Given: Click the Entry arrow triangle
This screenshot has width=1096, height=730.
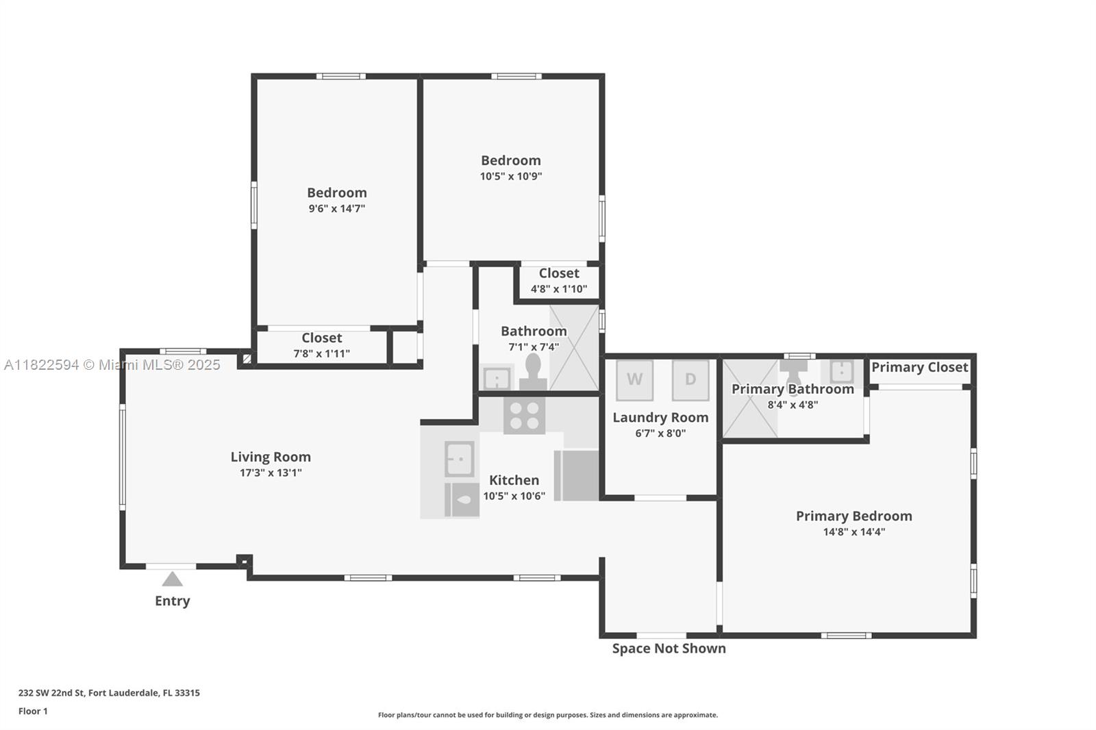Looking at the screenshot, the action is tap(172, 579).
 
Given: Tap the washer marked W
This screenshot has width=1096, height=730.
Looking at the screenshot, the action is tap(634, 380).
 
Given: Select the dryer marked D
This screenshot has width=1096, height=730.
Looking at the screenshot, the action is tap(690, 380).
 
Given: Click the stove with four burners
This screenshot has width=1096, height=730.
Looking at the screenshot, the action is tap(525, 416).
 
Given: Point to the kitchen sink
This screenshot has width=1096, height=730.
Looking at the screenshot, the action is tap(460, 459).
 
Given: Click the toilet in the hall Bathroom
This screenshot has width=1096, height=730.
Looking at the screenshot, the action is tap(533, 372).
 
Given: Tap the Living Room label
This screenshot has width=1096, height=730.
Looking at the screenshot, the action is tap(271, 457).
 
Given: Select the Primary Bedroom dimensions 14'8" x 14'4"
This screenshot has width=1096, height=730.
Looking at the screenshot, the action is tap(854, 532).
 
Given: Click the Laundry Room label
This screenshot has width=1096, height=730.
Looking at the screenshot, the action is tap(660, 417).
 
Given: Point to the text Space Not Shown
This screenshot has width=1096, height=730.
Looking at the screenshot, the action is tap(669, 649).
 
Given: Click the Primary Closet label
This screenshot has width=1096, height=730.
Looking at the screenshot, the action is tap(919, 368).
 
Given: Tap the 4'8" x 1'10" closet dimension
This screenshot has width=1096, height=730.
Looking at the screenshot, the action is tap(559, 289).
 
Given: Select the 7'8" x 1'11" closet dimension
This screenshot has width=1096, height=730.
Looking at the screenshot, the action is tap(321, 353).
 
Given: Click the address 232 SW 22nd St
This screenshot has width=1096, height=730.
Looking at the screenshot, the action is tap(52, 693).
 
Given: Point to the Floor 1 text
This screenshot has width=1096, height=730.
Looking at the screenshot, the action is tap(33, 712).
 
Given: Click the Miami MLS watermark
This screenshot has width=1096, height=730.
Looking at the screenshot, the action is tap(112, 365).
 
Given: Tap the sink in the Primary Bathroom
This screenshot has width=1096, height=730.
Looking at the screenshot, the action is tap(842, 371).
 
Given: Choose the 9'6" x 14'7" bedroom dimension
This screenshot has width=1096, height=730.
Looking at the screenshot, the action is tap(336, 208).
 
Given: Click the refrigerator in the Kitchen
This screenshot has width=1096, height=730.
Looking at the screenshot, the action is tap(576, 475).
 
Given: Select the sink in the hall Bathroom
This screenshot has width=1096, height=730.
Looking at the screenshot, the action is tap(497, 378).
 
